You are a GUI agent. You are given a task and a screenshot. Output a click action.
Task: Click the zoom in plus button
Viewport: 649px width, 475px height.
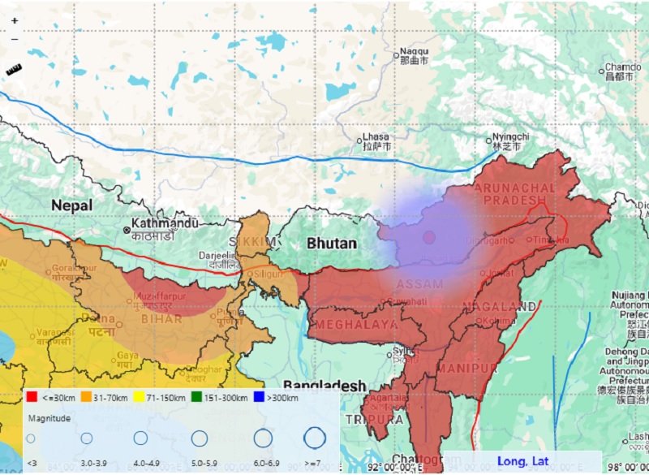(x=14, y=20)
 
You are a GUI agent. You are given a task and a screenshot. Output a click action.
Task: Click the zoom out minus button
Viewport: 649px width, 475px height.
(x=14, y=38)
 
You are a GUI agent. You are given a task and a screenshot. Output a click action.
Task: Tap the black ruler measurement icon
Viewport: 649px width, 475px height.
(x=14, y=71)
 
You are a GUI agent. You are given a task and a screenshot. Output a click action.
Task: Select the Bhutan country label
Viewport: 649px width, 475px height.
(x=332, y=243)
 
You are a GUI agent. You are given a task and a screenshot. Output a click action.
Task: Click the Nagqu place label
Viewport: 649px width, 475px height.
(x=414, y=52)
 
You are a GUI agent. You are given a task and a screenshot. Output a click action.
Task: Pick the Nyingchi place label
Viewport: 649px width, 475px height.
(x=511, y=137)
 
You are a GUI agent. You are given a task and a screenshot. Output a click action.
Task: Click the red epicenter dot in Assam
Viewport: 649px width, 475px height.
(x=429, y=237)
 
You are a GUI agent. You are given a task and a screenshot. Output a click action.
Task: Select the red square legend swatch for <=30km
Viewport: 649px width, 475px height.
(x=32, y=398)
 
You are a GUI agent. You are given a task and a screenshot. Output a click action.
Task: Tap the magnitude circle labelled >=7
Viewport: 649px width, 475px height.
(x=315, y=438)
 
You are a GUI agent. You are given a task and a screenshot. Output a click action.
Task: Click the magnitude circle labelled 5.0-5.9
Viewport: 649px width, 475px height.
(x=200, y=438)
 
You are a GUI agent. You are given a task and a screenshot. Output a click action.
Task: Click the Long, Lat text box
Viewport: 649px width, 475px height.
(x=522, y=461)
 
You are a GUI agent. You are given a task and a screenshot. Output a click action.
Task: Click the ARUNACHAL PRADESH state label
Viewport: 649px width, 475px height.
(x=510, y=194)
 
